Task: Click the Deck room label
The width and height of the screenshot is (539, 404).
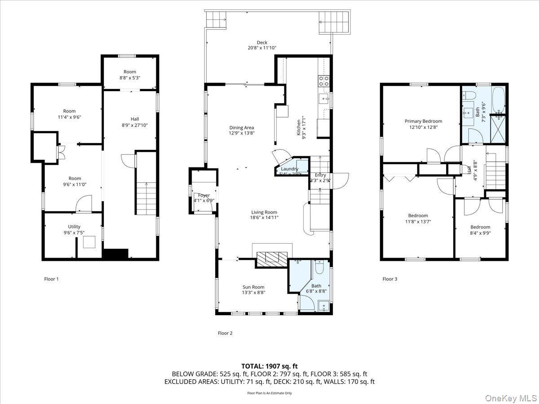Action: click(x=262, y=43)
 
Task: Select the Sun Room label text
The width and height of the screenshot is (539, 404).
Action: click(x=253, y=287)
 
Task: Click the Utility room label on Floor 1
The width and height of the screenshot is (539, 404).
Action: click(x=74, y=227)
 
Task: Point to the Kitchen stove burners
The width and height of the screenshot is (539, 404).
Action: click(x=323, y=81)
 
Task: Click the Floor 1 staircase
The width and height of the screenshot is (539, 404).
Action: click(x=146, y=198)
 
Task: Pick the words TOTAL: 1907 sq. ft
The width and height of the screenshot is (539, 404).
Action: click(x=269, y=366)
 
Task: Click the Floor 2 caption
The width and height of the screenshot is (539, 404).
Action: click(x=225, y=333)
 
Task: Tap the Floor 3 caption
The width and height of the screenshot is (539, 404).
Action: click(x=390, y=279)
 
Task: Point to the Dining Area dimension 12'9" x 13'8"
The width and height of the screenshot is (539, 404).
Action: click(x=242, y=133)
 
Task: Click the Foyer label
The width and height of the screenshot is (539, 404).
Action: click(x=204, y=195)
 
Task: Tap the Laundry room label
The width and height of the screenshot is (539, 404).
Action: click(x=290, y=169)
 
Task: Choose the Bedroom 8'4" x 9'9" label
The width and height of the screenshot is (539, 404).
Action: click(x=480, y=227)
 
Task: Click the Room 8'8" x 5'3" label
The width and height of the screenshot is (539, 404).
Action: click(x=130, y=72)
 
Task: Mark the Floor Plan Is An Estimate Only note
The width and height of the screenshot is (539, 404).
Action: click(x=269, y=393)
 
